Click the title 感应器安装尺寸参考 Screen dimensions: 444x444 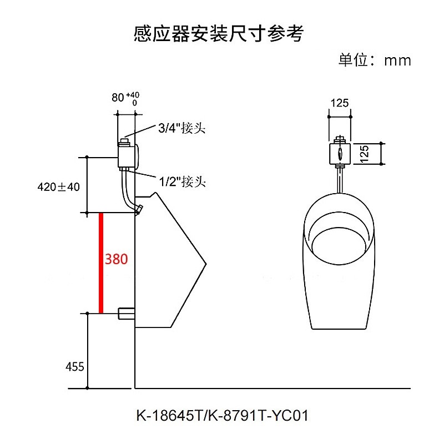click(x=219, y=34)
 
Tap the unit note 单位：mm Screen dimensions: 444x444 click(x=375, y=60)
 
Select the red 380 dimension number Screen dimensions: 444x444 click(x=117, y=259)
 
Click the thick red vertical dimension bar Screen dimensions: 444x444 click(x=101, y=263)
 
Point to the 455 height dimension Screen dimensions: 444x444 click(x=74, y=367)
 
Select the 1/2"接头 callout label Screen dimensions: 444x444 click(x=181, y=181)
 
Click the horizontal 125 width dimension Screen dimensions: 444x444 click(x=339, y=103)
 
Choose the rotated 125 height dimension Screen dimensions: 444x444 click(x=365, y=153)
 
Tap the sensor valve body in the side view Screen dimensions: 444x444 click(x=128, y=155)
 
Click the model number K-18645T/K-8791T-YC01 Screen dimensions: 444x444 click(x=221, y=415)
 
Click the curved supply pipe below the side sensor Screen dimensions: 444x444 click(x=126, y=190)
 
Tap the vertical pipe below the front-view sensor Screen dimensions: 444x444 click(x=340, y=179)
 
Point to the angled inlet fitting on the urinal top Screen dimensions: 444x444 click(x=138, y=210)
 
